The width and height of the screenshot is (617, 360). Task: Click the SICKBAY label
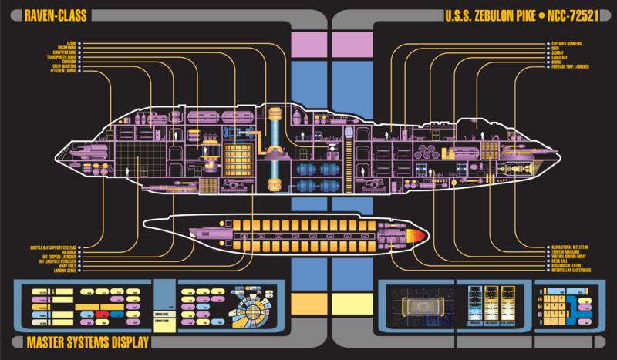click(558, 52)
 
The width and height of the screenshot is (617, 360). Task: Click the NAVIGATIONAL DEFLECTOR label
click(569, 247)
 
